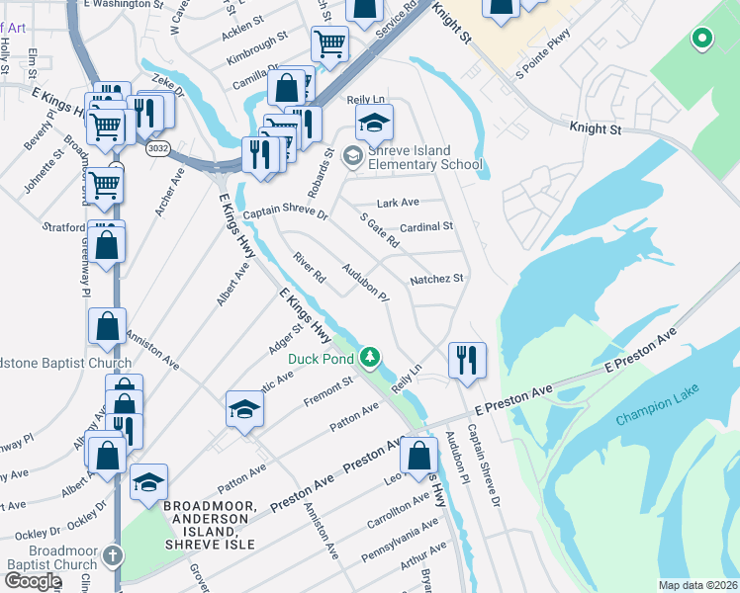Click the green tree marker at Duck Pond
[370, 356]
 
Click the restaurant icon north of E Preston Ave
[466, 360]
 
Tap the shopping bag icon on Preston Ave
[418, 456]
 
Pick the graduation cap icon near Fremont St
[244, 408]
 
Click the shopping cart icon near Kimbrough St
[329, 42]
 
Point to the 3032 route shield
[156, 148]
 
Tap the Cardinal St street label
[425, 226]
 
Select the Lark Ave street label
[398, 203]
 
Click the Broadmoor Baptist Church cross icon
[113, 555]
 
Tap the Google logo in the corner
[33, 581]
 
